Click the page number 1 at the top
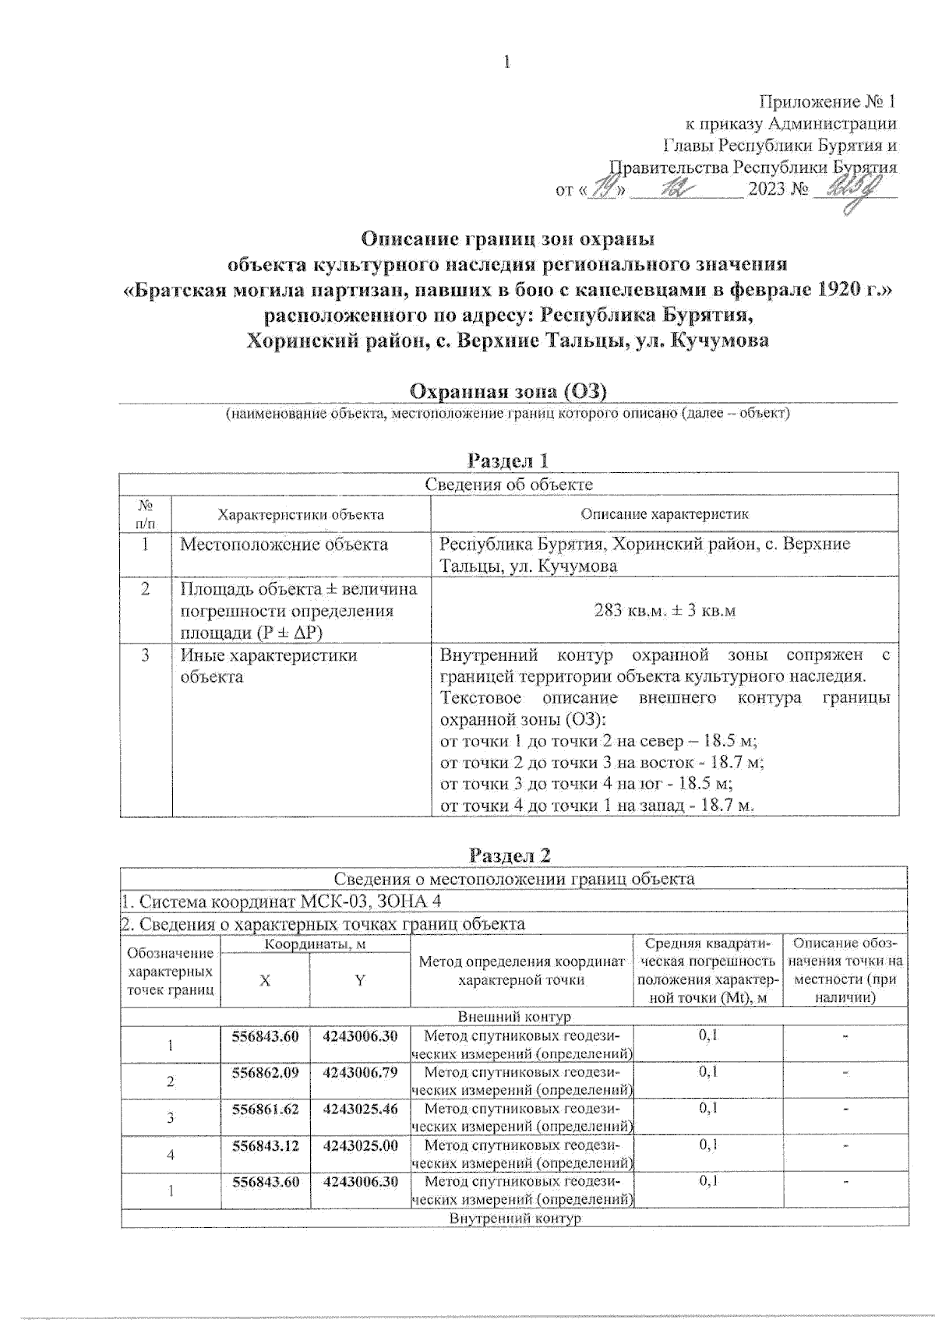pos(507,62)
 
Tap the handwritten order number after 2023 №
pos(853,189)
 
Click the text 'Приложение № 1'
pos(827,102)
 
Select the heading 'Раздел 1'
pos(509,460)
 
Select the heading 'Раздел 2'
pos(510,855)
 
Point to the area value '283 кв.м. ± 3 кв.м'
pos(665,610)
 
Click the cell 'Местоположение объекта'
pos(284,544)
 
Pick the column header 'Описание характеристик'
pos(665,514)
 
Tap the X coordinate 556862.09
pos(265,1072)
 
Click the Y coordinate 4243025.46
pos(360,1108)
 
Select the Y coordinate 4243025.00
pos(360,1145)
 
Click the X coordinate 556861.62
pos(265,1108)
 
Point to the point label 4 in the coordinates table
pos(171,1155)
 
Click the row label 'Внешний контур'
pos(514,1017)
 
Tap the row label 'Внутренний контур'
pos(514,1218)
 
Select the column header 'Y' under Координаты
pos(360,981)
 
